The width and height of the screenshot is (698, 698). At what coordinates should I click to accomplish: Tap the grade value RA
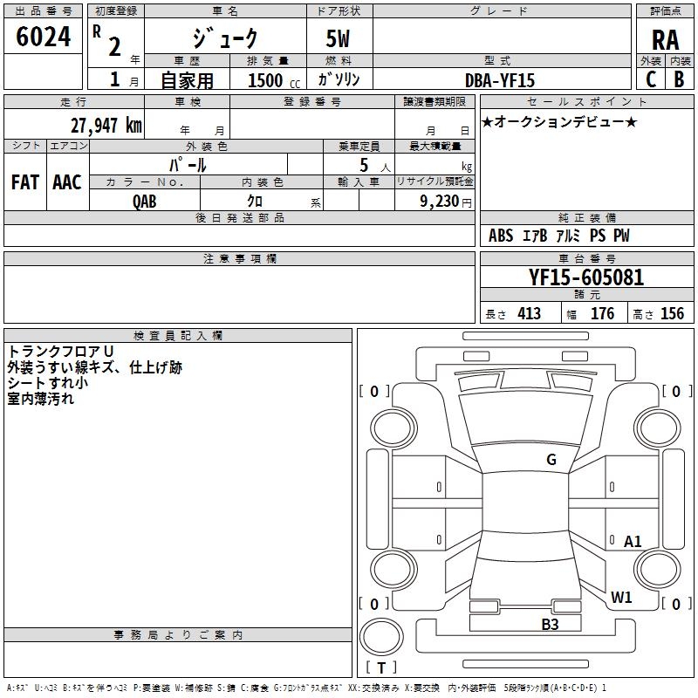click(665, 40)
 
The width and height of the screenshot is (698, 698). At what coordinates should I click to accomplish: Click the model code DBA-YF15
click(500, 80)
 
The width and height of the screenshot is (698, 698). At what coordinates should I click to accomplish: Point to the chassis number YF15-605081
click(586, 278)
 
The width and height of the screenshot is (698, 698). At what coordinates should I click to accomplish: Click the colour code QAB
click(145, 202)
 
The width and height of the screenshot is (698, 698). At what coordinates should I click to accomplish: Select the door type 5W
click(339, 40)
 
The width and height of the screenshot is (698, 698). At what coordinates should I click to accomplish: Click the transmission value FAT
click(25, 182)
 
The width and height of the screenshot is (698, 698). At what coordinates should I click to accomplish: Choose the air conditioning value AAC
click(67, 182)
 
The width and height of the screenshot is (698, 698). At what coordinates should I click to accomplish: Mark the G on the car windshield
click(551, 460)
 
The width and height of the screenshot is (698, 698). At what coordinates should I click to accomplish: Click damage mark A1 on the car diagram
click(633, 542)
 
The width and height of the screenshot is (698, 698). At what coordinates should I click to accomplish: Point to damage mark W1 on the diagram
click(621, 598)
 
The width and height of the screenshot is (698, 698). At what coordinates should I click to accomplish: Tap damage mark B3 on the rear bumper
click(550, 624)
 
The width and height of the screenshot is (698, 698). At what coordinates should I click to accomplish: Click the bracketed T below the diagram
click(381, 668)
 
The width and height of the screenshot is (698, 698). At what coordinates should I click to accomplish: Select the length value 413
click(529, 314)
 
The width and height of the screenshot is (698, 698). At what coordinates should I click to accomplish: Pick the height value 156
click(672, 314)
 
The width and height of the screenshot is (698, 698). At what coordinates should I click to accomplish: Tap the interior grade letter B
click(679, 79)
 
